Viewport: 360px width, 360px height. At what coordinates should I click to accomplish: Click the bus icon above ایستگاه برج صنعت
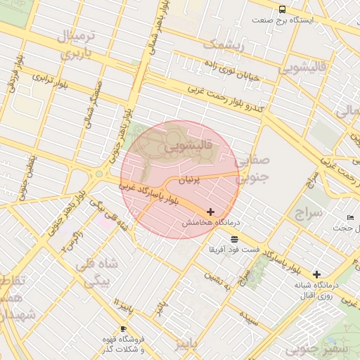pyautogui.click(x=283, y=9)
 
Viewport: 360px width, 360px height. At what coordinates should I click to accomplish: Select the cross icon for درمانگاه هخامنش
pyautogui.click(x=211, y=211)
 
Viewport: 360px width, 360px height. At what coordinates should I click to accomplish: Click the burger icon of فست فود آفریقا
pyautogui.click(x=234, y=239)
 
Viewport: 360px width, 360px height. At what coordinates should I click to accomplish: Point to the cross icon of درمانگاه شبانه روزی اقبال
pyautogui.click(x=316, y=274)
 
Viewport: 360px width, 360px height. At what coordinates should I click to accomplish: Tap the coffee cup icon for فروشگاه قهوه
pyautogui.click(x=123, y=328)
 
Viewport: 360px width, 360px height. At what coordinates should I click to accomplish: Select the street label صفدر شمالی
pyautogui.click(x=91, y=103)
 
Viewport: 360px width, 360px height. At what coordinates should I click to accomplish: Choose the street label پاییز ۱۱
pyautogui.click(x=124, y=304)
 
